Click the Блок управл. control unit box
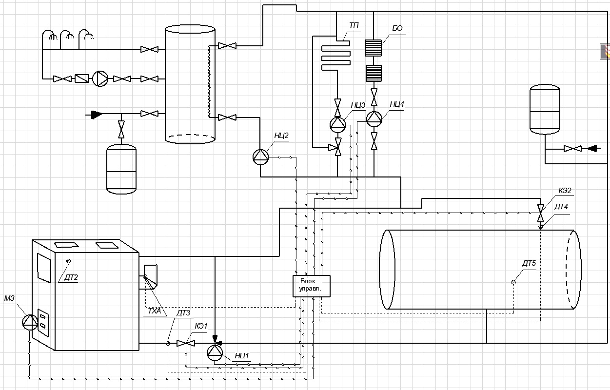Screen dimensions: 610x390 (x=312, y=286)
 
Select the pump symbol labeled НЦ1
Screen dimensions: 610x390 (x=215, y=352)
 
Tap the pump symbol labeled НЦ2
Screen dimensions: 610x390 (x=260, y=157)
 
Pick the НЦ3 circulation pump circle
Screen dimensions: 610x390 (x=338, y=125)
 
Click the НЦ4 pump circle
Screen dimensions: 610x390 (x=374, y=119)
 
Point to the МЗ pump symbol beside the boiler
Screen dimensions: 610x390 (x=30, y=322)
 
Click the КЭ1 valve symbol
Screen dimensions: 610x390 (x=186, y=343)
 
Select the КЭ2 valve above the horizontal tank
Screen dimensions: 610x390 (x=541, y=213)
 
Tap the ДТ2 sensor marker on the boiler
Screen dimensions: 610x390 (x=68, y=261)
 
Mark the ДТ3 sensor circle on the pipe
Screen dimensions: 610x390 (x=168, y=343)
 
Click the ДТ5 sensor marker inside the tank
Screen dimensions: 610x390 (x=513, y=282)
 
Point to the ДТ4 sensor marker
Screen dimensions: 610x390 (x=541, y=227)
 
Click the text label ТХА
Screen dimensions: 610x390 (x=155, y=311)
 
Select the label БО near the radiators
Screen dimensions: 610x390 (x=397, y=28)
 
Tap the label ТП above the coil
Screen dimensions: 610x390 (x=354, y=25)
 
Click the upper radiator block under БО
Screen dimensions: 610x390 (x=373, y=48)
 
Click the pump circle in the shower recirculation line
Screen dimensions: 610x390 (x=100, y=78)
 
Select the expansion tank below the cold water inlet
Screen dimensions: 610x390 (x=121, y=169)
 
